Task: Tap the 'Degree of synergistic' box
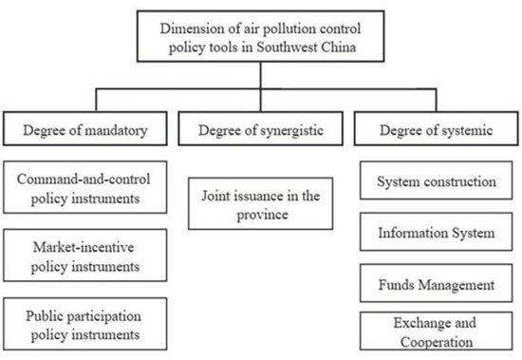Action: click(258, 130)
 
